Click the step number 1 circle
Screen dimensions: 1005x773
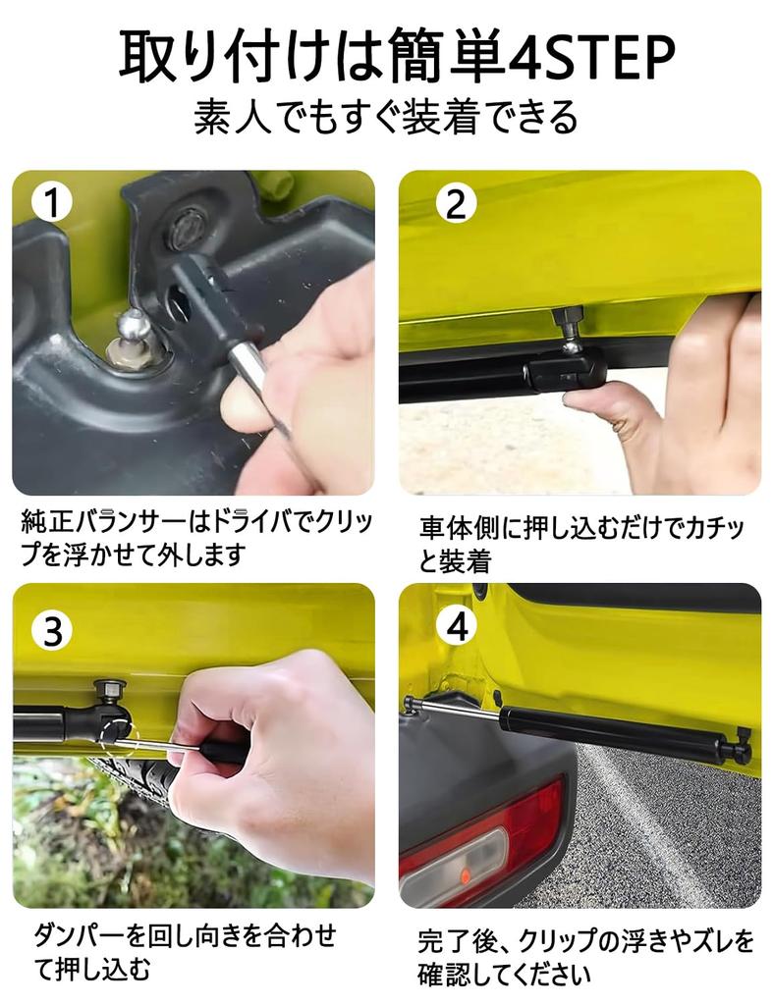(x=52, y=203)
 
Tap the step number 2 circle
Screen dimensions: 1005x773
(x=455, y=203)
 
